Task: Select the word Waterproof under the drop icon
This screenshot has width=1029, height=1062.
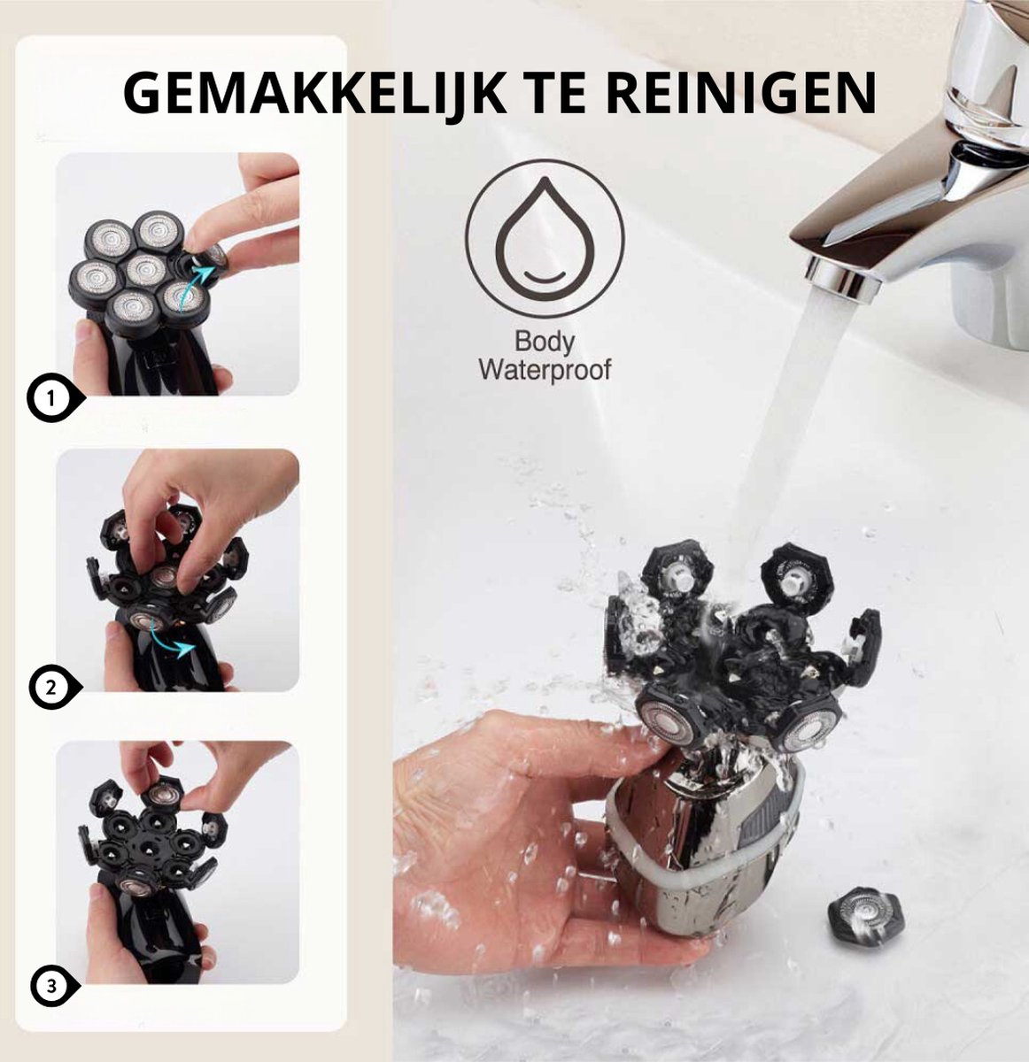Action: pos(545,369)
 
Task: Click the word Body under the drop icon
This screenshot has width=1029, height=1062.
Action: pos(545,341)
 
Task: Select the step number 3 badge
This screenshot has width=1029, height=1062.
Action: pos(51,983)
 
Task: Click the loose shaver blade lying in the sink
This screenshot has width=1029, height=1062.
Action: pos(865,920)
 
